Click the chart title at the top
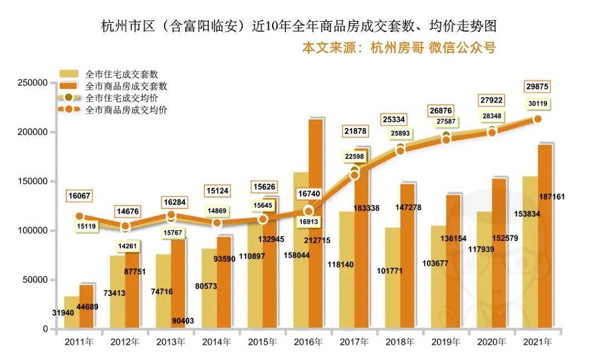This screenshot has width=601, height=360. pos(298,26)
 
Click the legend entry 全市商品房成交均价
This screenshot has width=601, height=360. pos(126,110)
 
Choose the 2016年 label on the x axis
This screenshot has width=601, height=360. pos(308,342)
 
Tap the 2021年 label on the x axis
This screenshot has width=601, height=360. pos(538,342)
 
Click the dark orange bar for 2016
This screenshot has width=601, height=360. pos(316,223)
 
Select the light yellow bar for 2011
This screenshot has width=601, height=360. pos(72,312)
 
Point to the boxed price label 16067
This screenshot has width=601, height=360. pos(80,196)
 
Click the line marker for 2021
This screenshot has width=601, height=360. pos(538,119)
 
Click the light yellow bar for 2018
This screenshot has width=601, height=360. pos(392,278)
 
